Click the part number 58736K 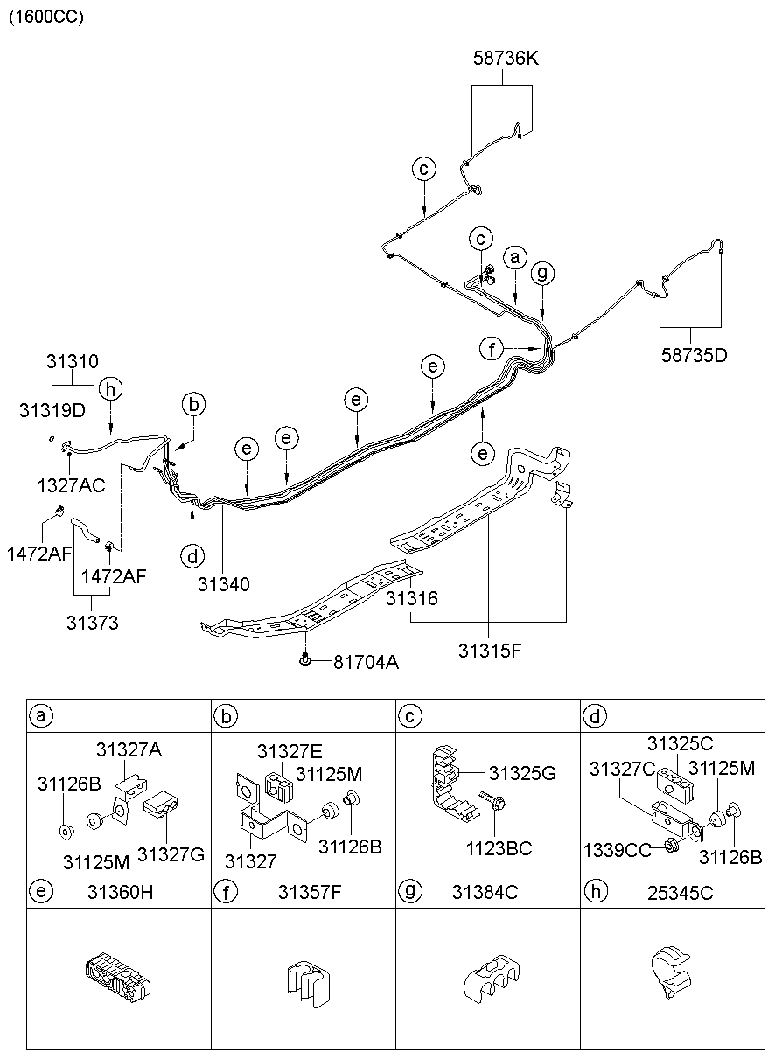pos(506,59)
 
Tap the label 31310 pos(73,361)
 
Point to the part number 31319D pos(52,408)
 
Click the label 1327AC pos(71,483)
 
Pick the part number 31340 pos(224,583)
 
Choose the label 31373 pos(92,623)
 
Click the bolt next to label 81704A pos(304,660)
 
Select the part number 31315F pos(489,651)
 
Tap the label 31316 pos(412,599)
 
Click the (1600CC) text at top pos(46,17)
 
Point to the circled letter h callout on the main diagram pos(109,390)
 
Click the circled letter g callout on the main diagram pos(543,273)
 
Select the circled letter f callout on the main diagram pos(492,349)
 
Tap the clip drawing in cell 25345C pos(669,971)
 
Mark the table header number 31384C pos(485,892)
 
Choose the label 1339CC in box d pos(618,849)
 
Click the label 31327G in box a pos(171,854)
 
